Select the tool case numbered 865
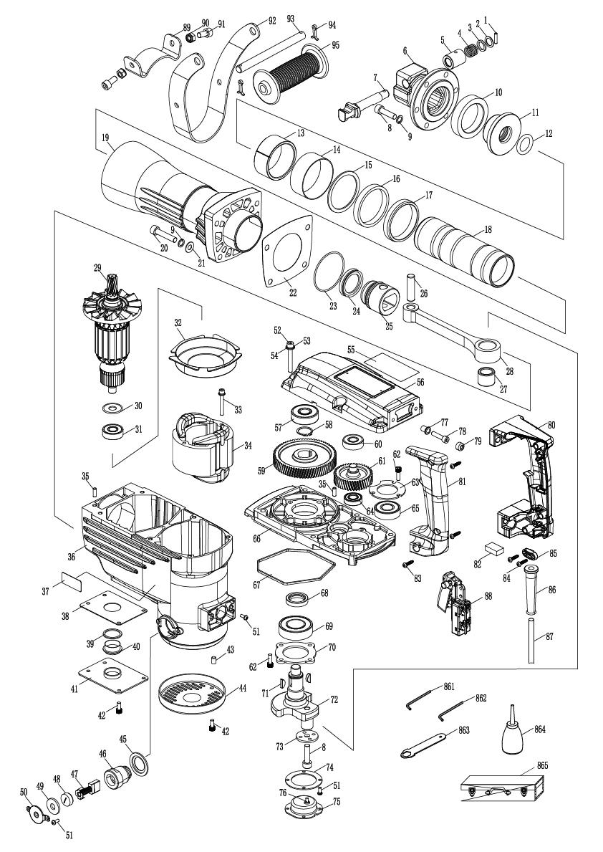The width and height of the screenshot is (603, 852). pyautogui.click(x=501, y=788)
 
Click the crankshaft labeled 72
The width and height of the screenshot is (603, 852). pyautogui.click(x=298, y=697)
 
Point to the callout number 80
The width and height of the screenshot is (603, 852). pyautogui.click(x=551, y=425)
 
